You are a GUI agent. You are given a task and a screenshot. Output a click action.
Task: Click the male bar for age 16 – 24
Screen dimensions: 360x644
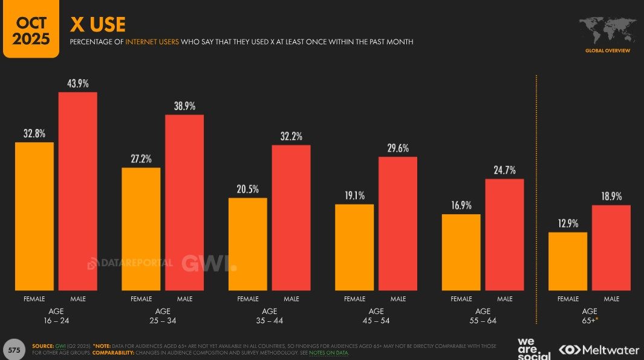tap(77, 191)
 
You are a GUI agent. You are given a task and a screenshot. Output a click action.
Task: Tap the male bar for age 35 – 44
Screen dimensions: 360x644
tap(291, 218)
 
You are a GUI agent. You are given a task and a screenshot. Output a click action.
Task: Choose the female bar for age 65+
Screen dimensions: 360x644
tap(568, 261)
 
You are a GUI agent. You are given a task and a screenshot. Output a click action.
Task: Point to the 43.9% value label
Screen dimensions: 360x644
tap(77, 83)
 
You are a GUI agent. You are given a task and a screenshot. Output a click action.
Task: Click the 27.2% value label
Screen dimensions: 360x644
tap(141, 159)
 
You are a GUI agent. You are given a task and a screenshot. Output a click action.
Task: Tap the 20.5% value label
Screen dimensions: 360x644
tap(247, 189)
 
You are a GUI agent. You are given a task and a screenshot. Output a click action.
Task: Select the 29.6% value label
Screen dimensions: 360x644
tap(398, 148)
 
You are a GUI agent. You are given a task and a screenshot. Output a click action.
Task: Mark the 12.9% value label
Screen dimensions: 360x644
tap(568, 223)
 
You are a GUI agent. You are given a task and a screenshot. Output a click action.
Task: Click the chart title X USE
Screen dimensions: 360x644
tap(97, 24)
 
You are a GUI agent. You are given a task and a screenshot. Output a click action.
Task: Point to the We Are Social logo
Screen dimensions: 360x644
tap(534, 347)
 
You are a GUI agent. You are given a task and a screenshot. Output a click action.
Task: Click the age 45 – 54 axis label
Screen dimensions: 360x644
tap(376, 315)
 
